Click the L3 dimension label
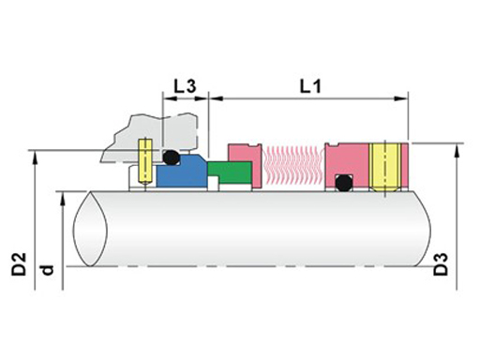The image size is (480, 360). pos(185,86)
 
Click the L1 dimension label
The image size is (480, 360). pos(310,86)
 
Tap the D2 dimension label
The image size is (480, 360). pos(19,264)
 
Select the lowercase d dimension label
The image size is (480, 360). pos(47,270)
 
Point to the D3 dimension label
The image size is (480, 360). pos(441,264)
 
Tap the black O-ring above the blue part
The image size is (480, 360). pos(172,157)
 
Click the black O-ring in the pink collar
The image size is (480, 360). pos(343,183)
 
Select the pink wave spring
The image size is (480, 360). pos(293,165)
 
